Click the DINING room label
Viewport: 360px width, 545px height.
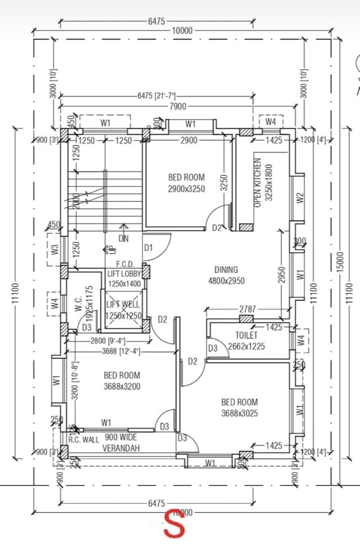226,270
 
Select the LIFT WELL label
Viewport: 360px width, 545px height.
123,305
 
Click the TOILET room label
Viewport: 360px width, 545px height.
246,335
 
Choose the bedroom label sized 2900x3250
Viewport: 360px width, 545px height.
186,177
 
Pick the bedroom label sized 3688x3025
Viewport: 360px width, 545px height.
239,402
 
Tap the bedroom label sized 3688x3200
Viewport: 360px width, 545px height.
122,375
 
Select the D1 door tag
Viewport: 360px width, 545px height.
148,248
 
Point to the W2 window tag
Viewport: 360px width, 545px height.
300,198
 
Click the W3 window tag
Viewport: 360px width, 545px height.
55,250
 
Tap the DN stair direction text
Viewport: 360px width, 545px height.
124,238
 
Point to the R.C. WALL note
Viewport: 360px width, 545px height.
83,440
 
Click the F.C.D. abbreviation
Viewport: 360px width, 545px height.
124,264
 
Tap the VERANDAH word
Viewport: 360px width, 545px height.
121,448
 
